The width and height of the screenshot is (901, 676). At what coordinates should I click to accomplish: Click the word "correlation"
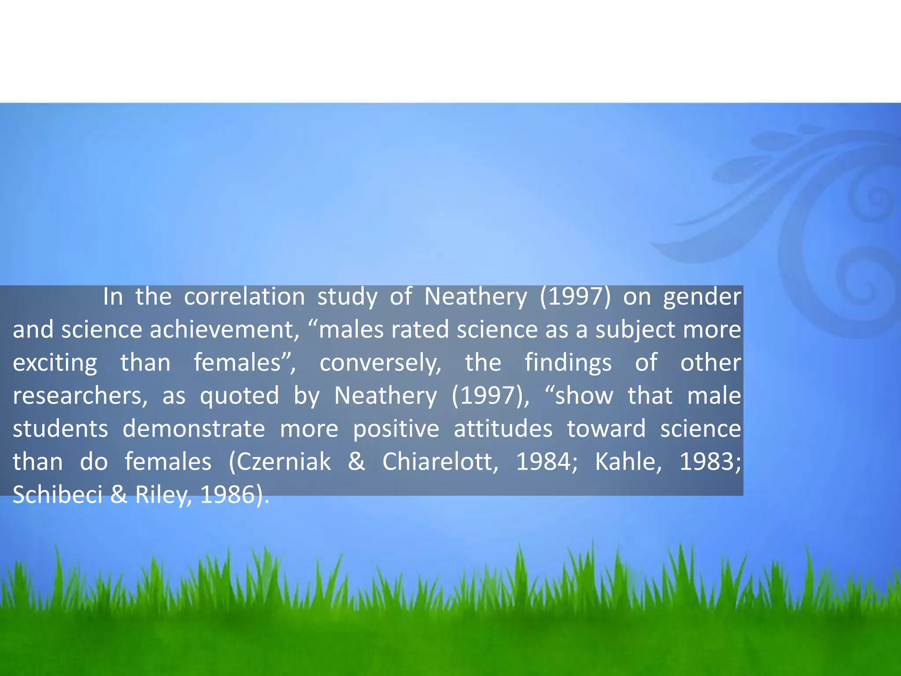click(244, 297)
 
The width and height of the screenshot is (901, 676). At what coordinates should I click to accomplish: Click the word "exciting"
click(55, 364)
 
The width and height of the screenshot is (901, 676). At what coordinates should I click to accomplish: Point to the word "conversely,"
click(380, 364)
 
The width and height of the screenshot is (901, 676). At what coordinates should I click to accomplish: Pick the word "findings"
click(568, 364)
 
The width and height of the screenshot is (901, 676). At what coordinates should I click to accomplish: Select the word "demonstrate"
click(194, 429)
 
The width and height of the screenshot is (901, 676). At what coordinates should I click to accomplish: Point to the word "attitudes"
click(503, 429)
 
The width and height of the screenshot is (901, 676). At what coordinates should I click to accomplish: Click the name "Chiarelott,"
click(440, 462)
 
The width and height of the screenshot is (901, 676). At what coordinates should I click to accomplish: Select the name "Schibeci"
click(57, 495)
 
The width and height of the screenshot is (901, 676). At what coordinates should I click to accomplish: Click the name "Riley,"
click(163, 496)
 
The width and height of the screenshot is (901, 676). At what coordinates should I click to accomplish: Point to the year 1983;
click(710, 462)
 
